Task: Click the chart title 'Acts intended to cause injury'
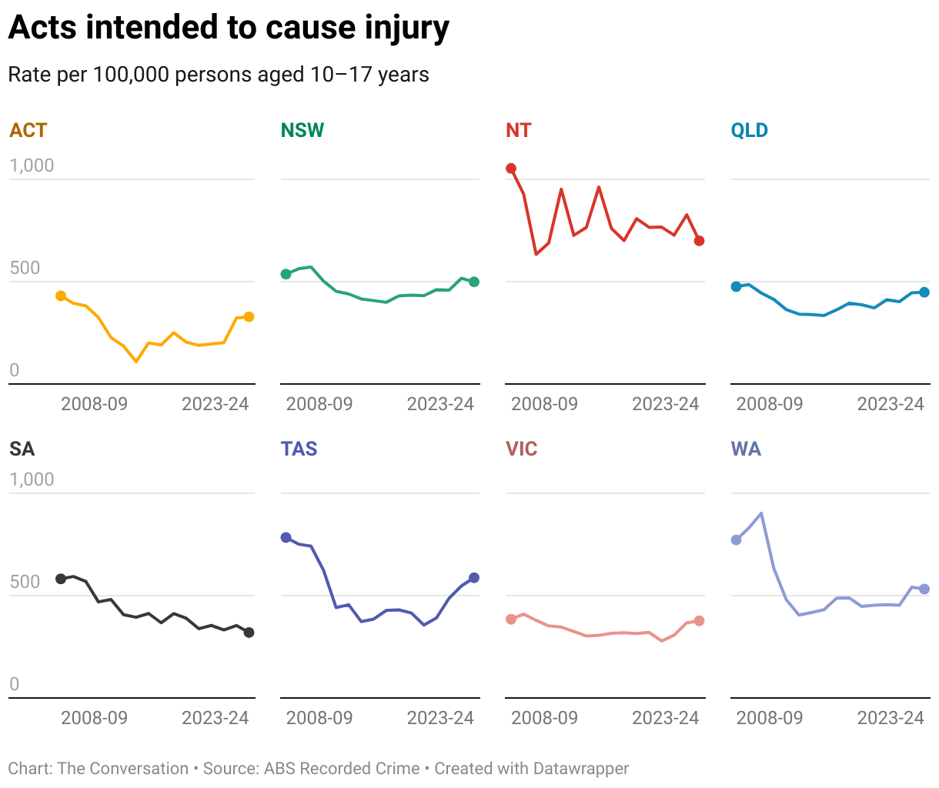point(229,28)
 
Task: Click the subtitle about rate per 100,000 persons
point(219,75)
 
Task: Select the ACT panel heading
point(28,130)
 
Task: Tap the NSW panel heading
point(302,130)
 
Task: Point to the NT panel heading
point(519,130)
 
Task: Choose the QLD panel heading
point(750,130)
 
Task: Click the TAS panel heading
point(299,449)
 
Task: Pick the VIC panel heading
point(522,449)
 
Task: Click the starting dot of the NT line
point(511,169)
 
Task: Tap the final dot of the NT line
point(699,241)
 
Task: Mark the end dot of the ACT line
point(249,317)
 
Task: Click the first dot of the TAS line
point(286,537)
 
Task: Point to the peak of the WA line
point(761,513)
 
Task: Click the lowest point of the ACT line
point(136,361)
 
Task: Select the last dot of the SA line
point(249,633)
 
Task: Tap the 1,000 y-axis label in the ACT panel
point(32,165)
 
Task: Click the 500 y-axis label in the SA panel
point(25,582)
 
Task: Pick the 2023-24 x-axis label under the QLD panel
point(891,404)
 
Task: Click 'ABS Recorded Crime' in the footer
point(342,769)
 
